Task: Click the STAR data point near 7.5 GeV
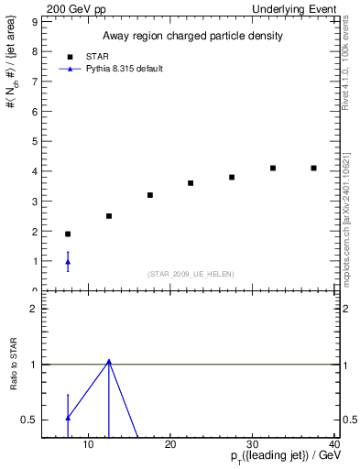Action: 68,234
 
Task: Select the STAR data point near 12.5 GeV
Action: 109,216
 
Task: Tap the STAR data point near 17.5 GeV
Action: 150,195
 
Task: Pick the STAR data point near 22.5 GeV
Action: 191,183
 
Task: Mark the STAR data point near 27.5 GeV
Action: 232,177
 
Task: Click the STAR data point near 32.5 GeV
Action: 273,168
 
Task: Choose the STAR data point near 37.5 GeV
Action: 313,168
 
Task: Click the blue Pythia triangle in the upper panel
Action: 68,262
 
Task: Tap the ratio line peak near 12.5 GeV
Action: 109,361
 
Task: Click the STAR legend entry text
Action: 124,56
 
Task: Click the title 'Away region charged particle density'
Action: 191,36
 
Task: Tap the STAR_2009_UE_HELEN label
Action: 191,274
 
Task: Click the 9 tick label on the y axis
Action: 34,21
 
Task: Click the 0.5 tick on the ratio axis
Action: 30,420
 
